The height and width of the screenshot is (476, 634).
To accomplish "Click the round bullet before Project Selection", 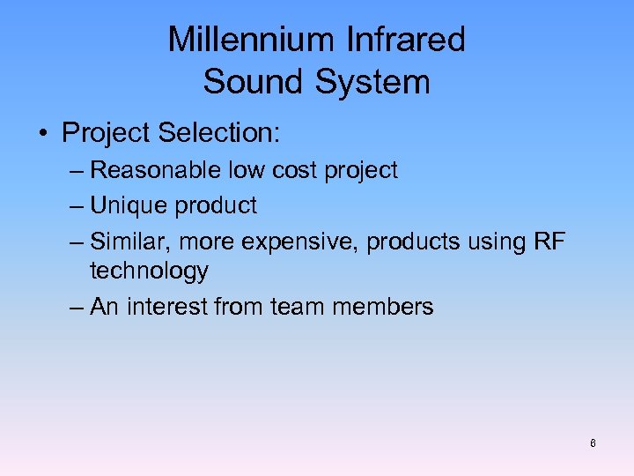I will pos(42,135).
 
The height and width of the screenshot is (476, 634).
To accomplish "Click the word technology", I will pos(149,271).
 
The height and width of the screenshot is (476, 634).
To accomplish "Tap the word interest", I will pos(165,307).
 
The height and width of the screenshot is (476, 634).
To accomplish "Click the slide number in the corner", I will pos(593,443).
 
